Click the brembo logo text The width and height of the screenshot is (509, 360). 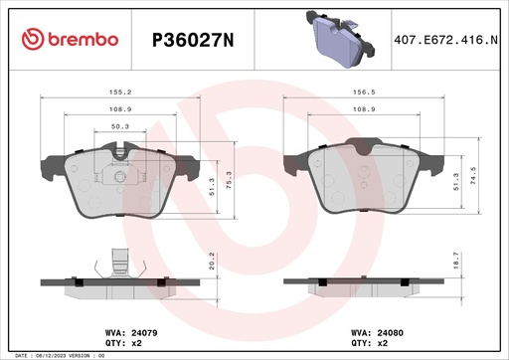click(71, 39)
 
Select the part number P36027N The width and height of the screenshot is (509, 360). click(191, 40)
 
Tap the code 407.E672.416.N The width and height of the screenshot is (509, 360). click(444, 40)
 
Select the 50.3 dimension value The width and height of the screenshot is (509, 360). click(119, 126)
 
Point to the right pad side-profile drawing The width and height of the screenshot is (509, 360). click(365, 285)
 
